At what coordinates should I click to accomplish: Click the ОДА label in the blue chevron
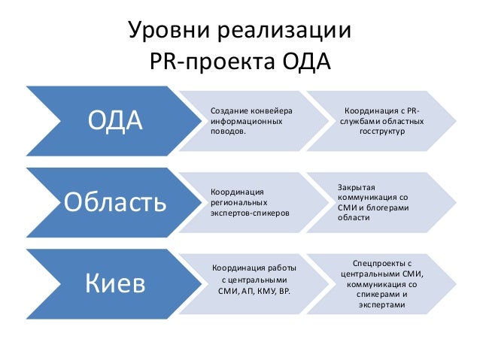[115, 120]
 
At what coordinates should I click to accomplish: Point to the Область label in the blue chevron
[115, 202]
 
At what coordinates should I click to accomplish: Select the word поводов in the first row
[227, 131]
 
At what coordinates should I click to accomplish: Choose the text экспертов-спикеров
[249, 213]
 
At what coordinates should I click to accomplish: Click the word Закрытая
[357, 185]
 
